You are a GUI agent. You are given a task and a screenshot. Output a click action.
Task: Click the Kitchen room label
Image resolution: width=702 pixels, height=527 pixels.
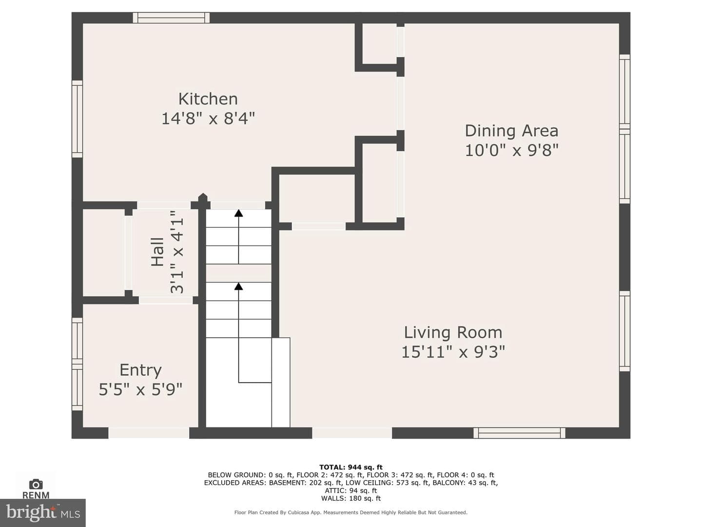(208, 99)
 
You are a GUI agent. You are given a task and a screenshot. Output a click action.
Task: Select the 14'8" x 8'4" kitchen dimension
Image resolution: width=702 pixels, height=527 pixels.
(208, 119)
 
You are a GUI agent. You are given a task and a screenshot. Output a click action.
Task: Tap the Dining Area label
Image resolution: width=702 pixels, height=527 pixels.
(511, 131)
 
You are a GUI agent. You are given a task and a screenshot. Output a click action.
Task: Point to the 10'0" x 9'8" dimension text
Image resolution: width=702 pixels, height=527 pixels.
(511, 150)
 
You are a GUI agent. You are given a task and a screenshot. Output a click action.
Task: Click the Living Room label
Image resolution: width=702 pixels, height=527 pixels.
(453, 332)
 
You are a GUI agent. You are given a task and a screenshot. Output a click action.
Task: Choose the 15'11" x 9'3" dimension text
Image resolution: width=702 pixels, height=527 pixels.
(453, 352)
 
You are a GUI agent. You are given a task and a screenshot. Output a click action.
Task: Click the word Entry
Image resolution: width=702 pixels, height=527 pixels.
(140, 370)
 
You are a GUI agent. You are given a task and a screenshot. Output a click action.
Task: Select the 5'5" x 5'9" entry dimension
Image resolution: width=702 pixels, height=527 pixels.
(140, 389)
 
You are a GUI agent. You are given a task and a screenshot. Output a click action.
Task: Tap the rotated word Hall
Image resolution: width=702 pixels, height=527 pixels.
(157, 252)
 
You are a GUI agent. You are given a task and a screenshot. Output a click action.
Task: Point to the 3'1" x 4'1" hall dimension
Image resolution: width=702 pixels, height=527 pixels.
(177, 252)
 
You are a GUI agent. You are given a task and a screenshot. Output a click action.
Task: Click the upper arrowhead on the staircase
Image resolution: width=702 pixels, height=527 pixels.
(238, 213)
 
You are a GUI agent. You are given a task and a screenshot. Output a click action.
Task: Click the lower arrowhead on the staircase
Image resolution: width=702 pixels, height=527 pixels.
(238, 286)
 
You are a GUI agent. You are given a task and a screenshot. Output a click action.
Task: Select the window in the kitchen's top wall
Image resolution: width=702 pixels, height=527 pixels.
(171, 18)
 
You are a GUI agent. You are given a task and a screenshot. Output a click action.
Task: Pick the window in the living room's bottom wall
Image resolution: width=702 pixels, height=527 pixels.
(519, 433)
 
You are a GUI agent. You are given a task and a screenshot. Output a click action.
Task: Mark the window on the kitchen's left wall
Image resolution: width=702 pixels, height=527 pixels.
(77, 119)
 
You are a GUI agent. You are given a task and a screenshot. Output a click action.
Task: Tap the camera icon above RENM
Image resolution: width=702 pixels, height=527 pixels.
(36, 484)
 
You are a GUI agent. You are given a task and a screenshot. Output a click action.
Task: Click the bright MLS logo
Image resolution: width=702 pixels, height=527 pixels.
(43, 513)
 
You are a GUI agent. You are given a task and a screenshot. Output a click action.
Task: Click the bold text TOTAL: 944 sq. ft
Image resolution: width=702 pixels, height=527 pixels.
(351, 467)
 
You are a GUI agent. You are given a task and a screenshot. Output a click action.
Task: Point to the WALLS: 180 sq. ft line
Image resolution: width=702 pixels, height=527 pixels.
(351, 498)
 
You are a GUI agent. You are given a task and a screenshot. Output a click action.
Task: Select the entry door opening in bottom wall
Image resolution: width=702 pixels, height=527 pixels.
(149, 433)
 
